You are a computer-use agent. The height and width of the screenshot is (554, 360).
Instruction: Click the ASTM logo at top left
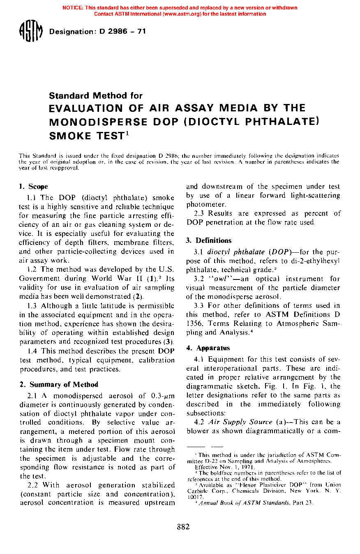(31, 32)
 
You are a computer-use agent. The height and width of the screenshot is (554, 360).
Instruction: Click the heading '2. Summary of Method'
(59, 385)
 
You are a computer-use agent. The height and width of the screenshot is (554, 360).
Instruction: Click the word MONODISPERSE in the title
(98, 122)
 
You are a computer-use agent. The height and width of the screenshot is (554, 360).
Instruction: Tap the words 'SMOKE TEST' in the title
(86, 136)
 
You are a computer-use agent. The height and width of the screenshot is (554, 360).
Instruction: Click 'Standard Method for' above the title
(96, 96)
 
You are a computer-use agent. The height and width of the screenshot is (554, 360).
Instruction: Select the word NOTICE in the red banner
(73, 8)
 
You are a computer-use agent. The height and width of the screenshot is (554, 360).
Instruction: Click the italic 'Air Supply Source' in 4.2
(240, 422)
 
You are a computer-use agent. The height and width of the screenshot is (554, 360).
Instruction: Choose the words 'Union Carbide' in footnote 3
(325, 485)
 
